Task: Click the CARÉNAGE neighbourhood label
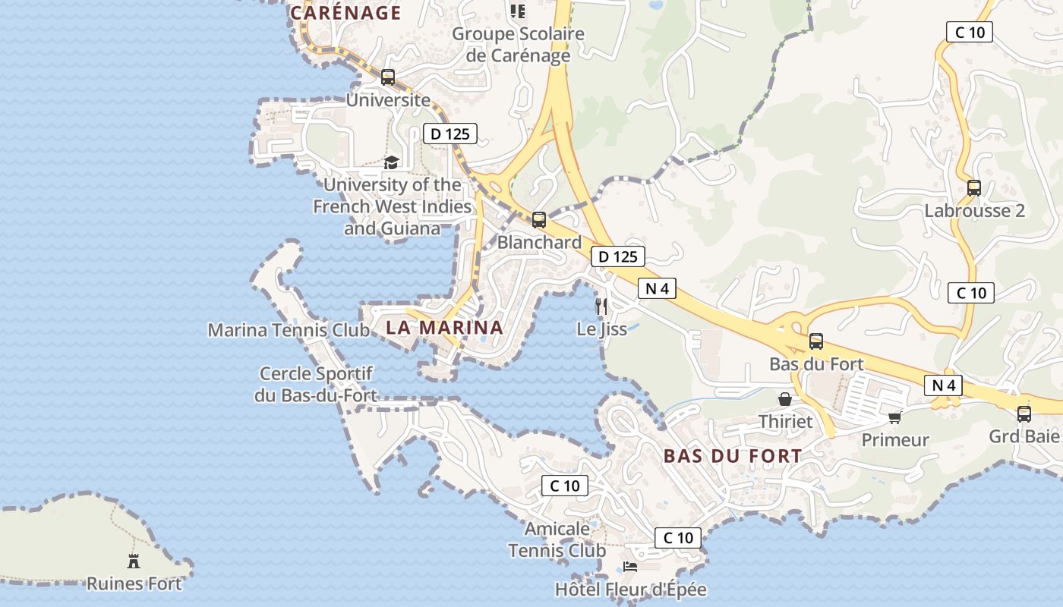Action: coord(345,13)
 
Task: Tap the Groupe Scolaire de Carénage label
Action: coord(519,45)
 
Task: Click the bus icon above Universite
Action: coord(388,77)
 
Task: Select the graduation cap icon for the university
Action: coord(391,162)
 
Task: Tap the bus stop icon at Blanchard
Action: coord(539,220)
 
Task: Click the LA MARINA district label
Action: coord(444,328)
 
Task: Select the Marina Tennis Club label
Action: coord(289,330)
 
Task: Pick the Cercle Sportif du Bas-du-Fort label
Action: coord(316,384)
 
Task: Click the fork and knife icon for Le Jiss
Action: coord(601,307)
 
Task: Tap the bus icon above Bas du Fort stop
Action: coord(816,341)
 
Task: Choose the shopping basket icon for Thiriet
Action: coord(785,399)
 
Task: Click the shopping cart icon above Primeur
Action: coord(894,418)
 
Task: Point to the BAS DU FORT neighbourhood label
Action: coord(732,456)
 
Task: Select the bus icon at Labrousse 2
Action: coord(974,187)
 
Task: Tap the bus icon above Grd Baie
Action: coord(1024,414)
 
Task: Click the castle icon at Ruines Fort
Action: coord(134,561)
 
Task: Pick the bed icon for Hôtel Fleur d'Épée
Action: coord(630,566)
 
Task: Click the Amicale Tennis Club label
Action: coord(557,539)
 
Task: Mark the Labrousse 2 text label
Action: coord(974,211)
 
